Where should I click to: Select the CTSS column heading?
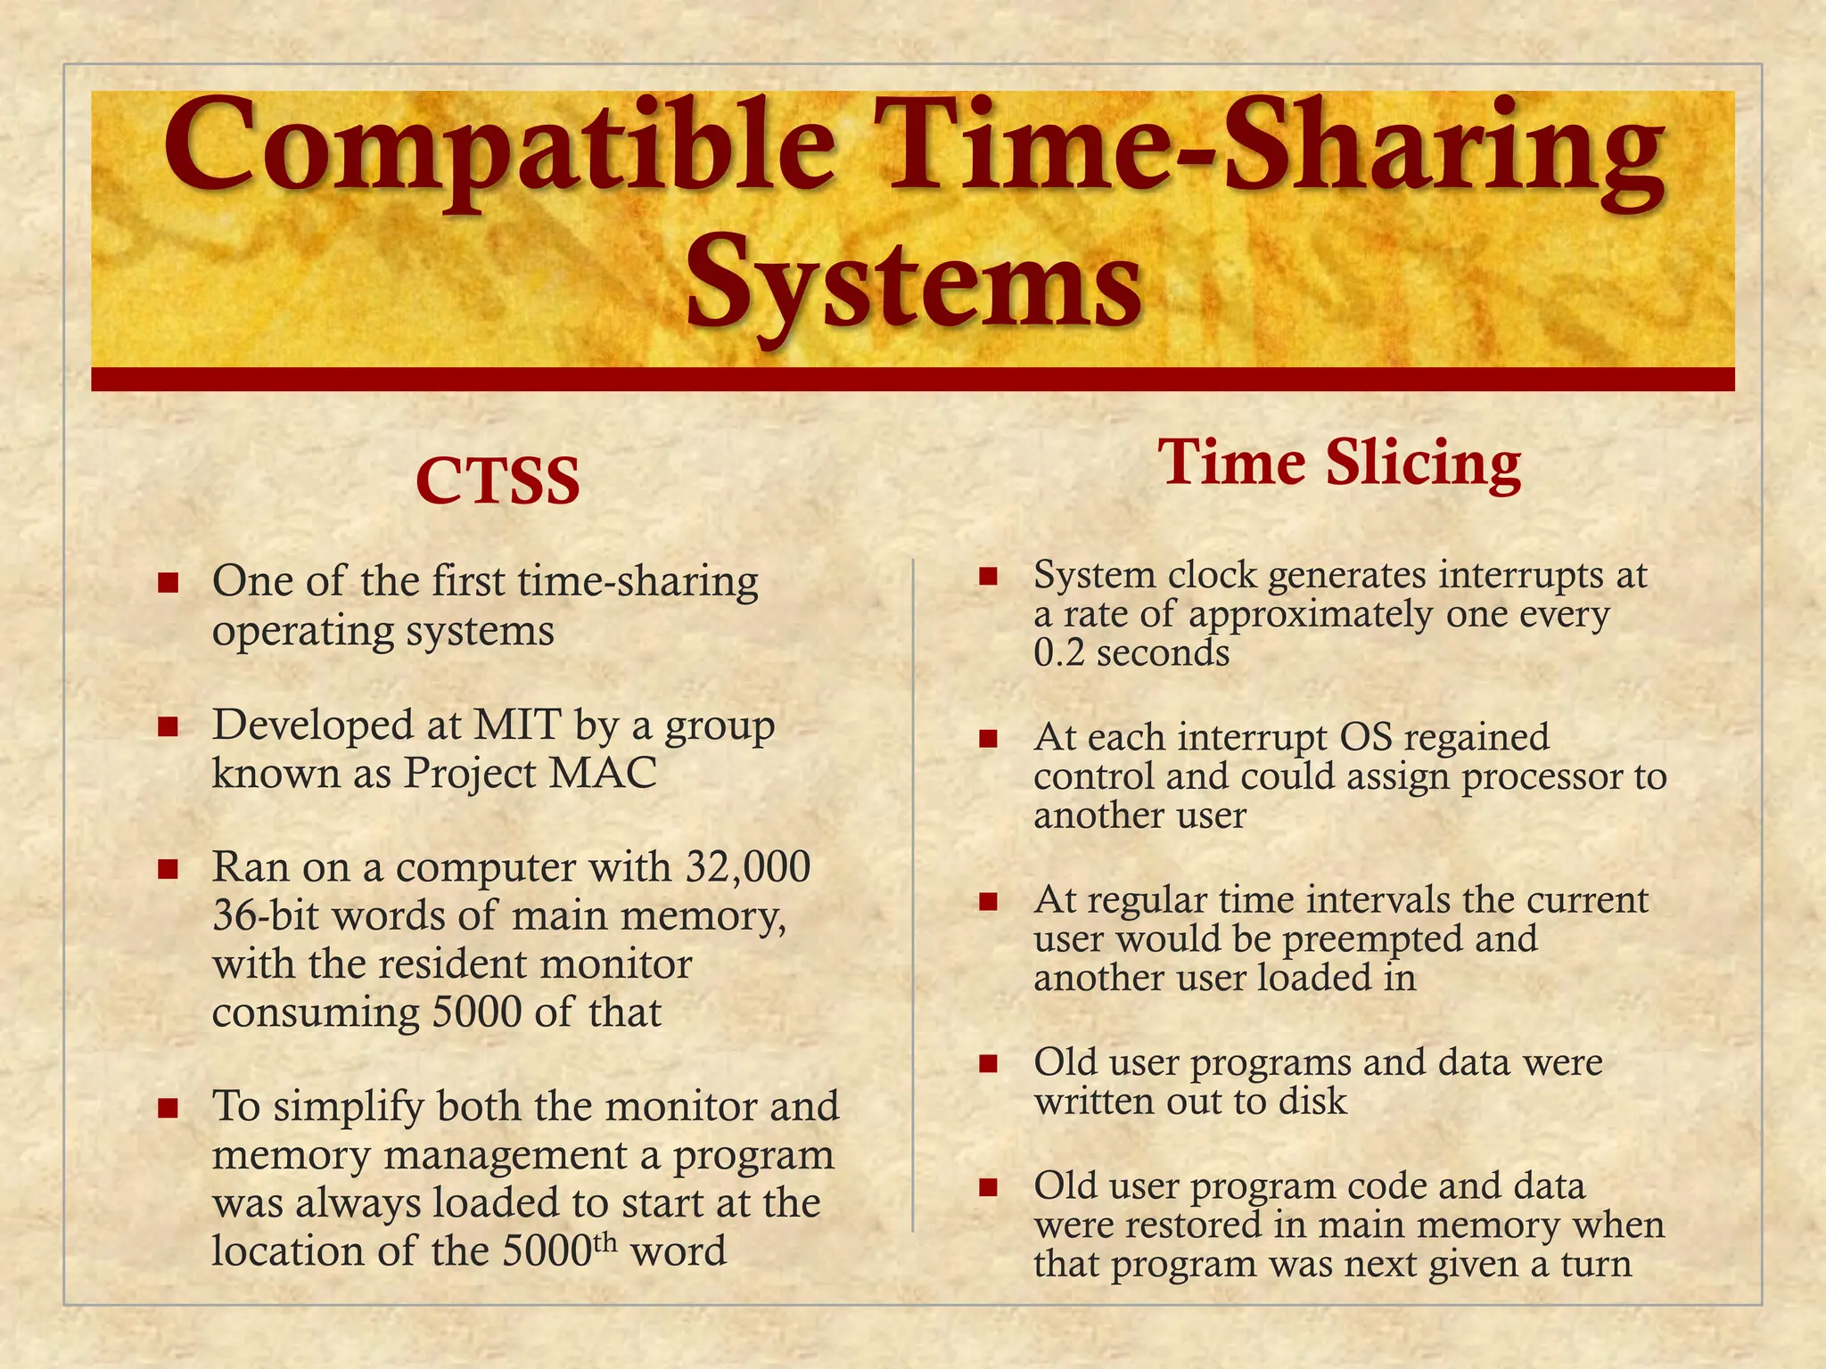(x=498, y=481)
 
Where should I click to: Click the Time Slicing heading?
(x=1339, y=463)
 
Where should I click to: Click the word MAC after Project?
(x=603, y=774)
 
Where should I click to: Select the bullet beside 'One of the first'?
(x=168, y=584)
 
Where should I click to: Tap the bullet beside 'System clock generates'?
(x=987, y=577)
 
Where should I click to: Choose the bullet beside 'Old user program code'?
(x=987, y=1188)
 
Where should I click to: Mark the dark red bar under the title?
(x=913, y=379)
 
